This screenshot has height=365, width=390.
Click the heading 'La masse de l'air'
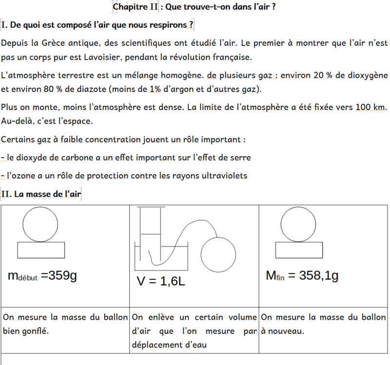[48, 194]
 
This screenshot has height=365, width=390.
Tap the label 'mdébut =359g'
[42, 276]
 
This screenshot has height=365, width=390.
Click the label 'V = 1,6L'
[160, 281]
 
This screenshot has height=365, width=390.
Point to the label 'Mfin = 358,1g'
[302, 275]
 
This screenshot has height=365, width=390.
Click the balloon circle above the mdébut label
[40, 224]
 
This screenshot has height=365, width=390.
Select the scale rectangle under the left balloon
[40, 250]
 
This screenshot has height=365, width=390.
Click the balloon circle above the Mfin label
[298, 224]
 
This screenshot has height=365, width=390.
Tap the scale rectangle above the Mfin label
[298, 250]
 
